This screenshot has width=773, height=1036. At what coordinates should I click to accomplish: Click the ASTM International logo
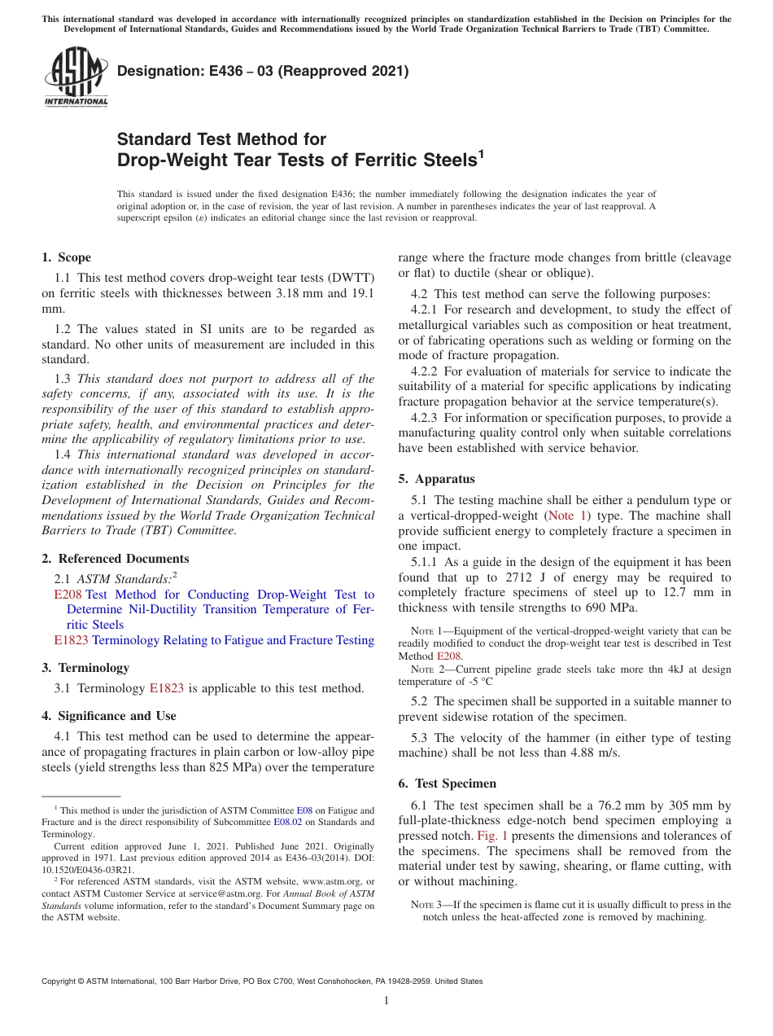[75, 77]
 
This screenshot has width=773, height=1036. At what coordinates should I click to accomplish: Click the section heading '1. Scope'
[66, 257]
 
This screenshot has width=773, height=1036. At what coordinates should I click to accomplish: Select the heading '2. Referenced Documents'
[115, 559]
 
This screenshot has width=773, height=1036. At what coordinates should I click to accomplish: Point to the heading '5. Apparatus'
[436, 479]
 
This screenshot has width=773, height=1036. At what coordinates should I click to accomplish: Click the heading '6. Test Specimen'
[447, 784]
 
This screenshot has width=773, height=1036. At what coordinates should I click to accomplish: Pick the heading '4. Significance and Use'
[108, 716]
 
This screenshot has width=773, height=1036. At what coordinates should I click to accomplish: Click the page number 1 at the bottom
[386, 1000]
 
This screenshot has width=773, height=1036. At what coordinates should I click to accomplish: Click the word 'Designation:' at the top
[157, 72]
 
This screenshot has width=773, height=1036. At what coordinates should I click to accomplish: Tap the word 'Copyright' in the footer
[59, 981]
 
